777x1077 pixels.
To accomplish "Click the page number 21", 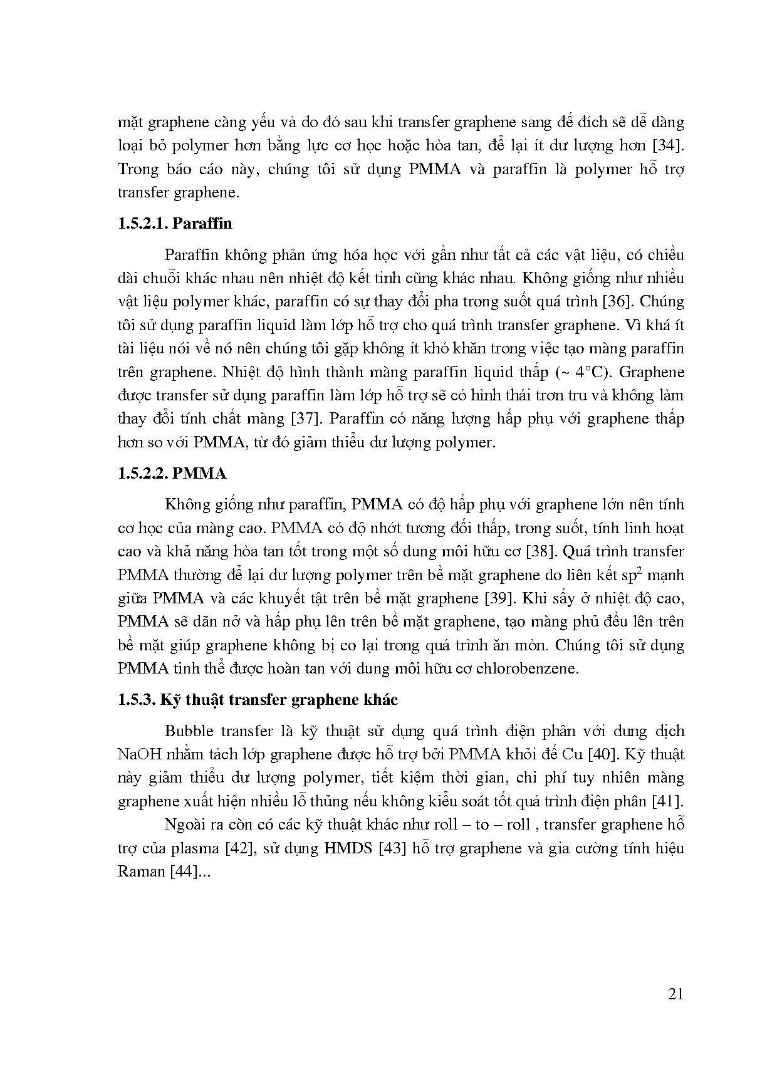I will click(x=675, y=994).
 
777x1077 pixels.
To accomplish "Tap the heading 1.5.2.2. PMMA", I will click(x=172, y=473).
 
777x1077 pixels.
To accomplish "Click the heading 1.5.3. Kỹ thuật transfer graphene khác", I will click(x=258, y=700).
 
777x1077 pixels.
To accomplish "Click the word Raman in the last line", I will click(x=141, y=871).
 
